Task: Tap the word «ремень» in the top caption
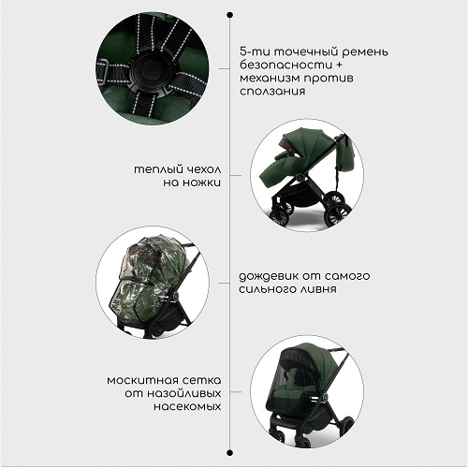pyautogui.click(x=365, y=52)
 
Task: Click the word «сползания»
pyautogui.click(x=272, y=92)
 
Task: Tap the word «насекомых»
pyautogui.click(x=187, y=407)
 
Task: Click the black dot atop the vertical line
pyautogui.click(x=230, y=15)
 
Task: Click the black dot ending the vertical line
pyautogui.click(x=230, y=452)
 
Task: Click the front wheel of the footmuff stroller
pyautogui.click(x=283, y=213)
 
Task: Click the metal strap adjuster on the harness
pyautogui.click(x=104, y=71)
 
